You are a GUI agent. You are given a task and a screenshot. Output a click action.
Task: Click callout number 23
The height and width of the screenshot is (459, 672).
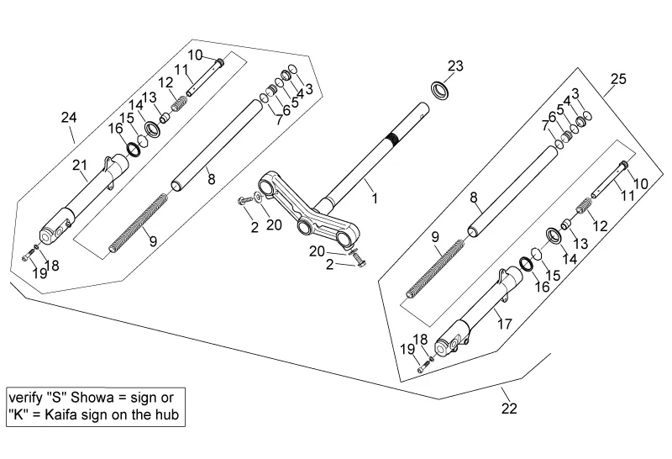click(454, 66)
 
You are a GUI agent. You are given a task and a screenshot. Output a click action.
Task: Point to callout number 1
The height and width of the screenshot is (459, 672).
click(375, 199)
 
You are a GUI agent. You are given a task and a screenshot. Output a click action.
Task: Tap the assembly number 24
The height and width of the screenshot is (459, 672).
click(68, 118)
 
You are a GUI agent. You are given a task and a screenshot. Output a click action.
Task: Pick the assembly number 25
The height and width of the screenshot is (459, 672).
click(617, 80)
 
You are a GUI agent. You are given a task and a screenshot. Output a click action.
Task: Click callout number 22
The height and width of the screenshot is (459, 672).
click(509, 409)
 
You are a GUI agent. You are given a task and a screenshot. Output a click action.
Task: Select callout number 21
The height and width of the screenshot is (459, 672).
click(80, 165)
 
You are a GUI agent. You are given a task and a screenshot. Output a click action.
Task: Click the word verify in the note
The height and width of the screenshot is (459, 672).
click(26, 397)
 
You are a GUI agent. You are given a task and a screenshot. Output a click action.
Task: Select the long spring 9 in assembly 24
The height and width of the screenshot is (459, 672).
click(139, 220)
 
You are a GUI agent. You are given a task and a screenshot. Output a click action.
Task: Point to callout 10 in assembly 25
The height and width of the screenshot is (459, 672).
click(640, 182)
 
